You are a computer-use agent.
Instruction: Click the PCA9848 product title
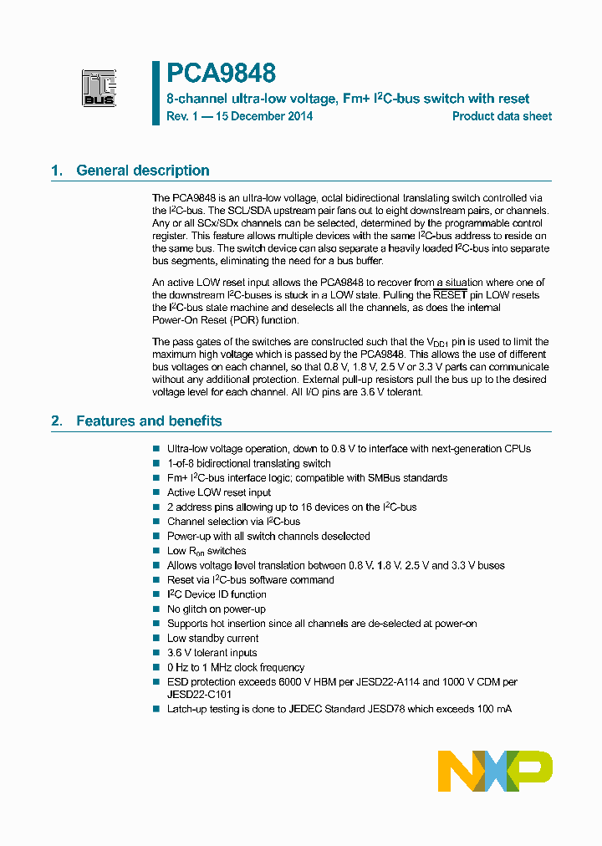221,74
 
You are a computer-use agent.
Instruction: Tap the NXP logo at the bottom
495,771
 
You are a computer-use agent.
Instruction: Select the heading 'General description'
142,171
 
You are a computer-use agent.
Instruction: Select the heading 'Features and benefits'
149,421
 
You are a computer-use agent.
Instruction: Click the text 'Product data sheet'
502,116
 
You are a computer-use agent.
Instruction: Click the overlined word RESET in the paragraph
451,295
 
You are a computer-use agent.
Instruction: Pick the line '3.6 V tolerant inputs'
212,653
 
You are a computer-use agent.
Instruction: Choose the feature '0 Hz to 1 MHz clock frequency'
236,668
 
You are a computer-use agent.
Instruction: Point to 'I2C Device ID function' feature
217,594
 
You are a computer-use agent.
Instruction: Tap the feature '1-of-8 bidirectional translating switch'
248,463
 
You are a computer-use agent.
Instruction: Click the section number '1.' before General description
57,171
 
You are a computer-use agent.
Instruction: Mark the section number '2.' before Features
57,421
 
